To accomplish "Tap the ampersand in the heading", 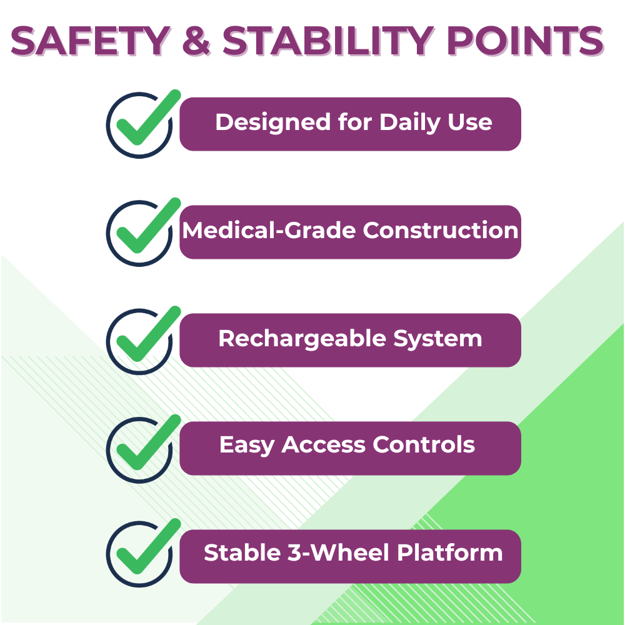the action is pyautogui.click(x=196, y=40).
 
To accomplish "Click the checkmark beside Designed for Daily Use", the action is pyautogui.click(x=148, y=117).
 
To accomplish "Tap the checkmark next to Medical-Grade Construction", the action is pyautogui.click(x=148, y=226).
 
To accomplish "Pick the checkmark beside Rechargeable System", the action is pyautogui.click(x=148, y=334).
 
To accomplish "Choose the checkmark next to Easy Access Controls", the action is pyautogui.click(x=148, y=442).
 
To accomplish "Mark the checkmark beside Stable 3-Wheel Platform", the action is pyautogui.click(x=148, y=546).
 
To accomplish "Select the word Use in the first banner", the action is pyautogui.click(x=470, y=122).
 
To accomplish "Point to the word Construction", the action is pyautogui.click(x=441, y=231).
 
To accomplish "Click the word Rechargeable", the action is pyautogui.click(x=302, y=339).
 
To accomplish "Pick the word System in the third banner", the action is pyautogui.click(x=437, y=339).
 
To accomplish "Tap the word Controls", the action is pyautogui.click(x=424, y=444).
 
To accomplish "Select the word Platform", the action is pyautogui.click(x=450, y=553).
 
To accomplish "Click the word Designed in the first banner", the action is pyautogui.click(x=273, y=122).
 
